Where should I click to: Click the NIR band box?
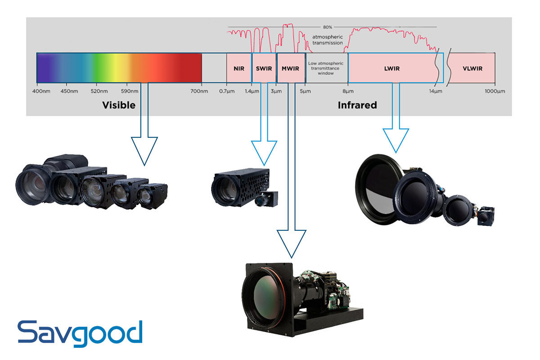(239, 68)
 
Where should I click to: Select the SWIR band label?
(264, 69)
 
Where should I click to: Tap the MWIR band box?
(291, 69)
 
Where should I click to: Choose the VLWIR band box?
(472, 69)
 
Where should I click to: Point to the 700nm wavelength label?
(199, 91)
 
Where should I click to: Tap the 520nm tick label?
(100, 91)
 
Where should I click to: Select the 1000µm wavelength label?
(495, 91)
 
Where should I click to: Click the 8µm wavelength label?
(348, 91)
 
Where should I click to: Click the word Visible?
(119, 105)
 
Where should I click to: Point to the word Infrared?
(357, 105)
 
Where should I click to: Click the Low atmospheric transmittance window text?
(326, 68)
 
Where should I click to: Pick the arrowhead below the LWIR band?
(396, 140)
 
